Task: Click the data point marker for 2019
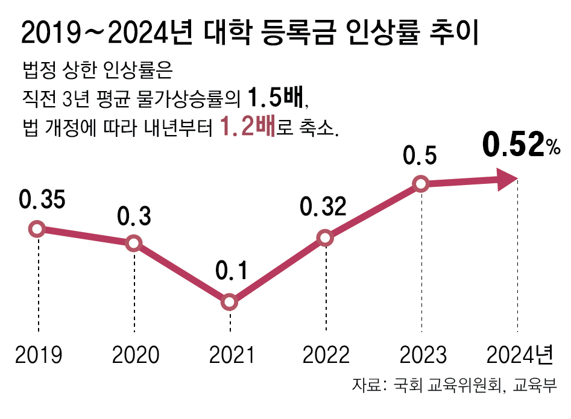click(x=37, y=228)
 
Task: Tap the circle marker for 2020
click(x=134, y=244)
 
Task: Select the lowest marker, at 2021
click(x=230, y=302)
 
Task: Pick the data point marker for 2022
click(x=326, y=238)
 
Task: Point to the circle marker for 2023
click(x=421, y=184)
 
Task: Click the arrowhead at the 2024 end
click(x=507, y=178)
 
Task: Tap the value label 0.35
click(x=42, y=201)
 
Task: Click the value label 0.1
click(x=231, y=273)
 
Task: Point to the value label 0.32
click(x=324, y=207)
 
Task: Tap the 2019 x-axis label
click(x=39, y=354)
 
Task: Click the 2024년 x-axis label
click(x=520, y=354)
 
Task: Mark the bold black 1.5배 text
click(x=275, y=96)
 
